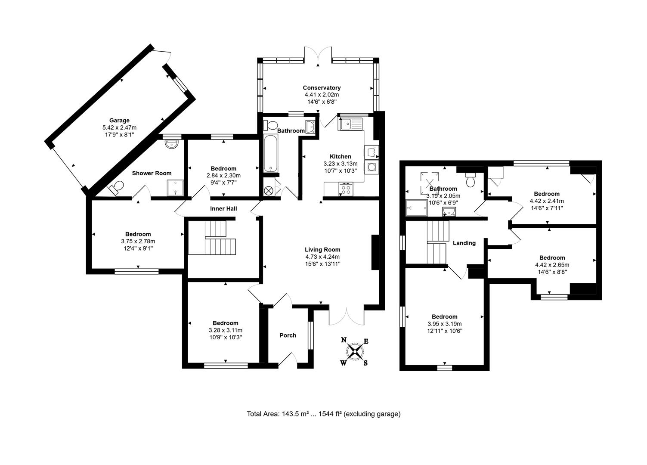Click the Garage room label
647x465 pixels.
pyautogui.click(x=119, y=121)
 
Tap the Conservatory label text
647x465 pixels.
pyautogui.click(x=322, y=88)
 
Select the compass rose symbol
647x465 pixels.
pyautogui.click(x=355, y=351)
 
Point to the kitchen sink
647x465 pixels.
pyautogui.click(x=351, y=124)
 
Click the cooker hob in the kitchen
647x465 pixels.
pyautogui.click(x=346, y=188)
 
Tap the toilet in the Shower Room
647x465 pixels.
pyautogui.click(x=116, y=188)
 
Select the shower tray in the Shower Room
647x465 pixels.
pyautogui.click(x=175, y=188)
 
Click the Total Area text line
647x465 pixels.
pyautogui.click(x=323, y=414)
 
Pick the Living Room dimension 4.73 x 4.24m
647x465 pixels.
pyautogui.click(x=322, y=257)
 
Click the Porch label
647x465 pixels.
pyautogui.click(x=288, y=335)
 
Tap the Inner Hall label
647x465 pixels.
pyautogui.click(x=223, y=209)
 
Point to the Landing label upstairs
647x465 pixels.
pyautogui.click(x=464, y=243)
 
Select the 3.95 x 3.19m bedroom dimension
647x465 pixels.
pyautogui.click(x=445, y=324)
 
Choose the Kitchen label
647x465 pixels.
pyautogui.click(x=340, y=156)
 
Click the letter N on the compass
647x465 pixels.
pyautogui.click(x=344, y=340)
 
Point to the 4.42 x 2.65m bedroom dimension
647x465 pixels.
pyautogui.click(x=552, y=265)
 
